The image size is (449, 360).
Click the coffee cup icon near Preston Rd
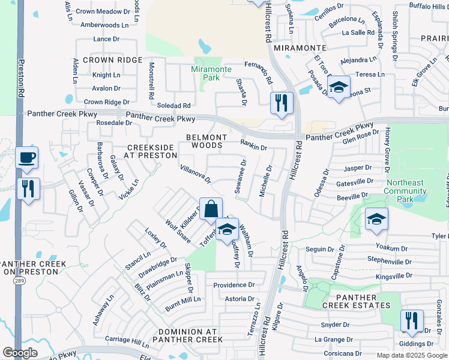[26, 158]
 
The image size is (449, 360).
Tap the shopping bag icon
[211, 210]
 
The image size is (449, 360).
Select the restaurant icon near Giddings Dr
[412, 322]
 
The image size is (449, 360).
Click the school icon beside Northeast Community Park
[376, 220]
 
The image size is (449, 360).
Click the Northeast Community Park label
[406, 187]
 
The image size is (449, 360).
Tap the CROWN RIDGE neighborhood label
[113, 60]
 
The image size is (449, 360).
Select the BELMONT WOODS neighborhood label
[206, 141]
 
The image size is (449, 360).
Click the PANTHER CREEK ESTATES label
[357, 301]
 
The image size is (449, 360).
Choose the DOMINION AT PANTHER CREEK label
[189, 336]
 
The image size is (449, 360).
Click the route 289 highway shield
[20, 281]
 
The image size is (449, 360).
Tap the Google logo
[20, 352]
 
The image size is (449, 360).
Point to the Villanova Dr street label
[196, 174]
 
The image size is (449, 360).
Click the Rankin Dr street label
[253, 144]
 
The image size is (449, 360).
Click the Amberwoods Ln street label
[104, 25]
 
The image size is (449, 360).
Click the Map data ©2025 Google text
[411, 355]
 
